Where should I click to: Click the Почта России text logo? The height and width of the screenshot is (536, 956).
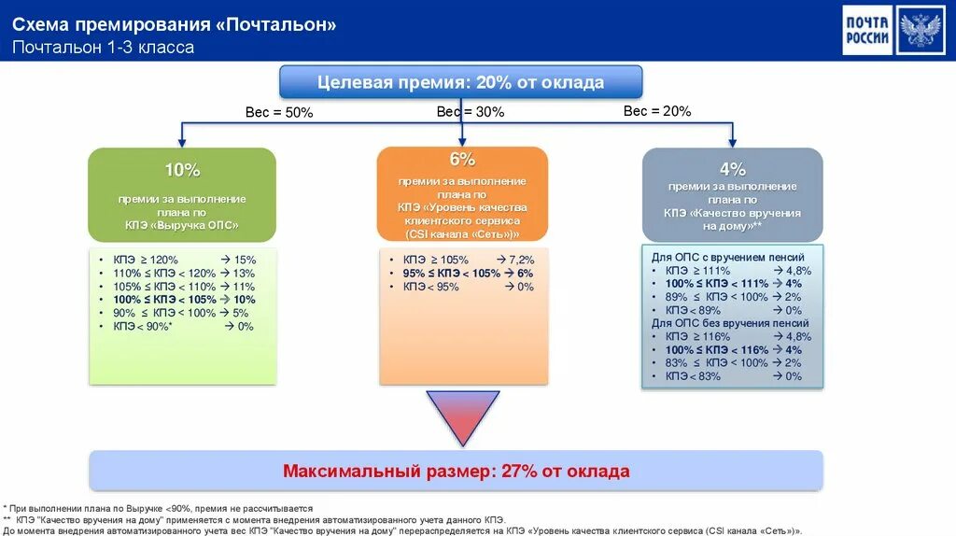coord(867,30)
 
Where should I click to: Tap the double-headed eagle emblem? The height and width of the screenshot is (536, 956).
coord(921,30)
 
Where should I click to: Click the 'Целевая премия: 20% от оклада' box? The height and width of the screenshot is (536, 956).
coord(461,82)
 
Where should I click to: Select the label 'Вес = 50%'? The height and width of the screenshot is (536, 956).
coord(279,112)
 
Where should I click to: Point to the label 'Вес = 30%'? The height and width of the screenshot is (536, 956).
coord(471,111)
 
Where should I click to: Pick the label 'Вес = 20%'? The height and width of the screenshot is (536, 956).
coord(657,111)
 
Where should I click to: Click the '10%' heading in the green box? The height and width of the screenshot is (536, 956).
coord(182,170)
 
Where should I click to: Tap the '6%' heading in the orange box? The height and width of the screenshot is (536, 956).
coord(462,160)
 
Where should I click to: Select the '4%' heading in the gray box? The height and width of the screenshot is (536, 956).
coord(733,169)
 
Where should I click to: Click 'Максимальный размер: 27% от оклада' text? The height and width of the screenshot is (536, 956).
coord(457,472)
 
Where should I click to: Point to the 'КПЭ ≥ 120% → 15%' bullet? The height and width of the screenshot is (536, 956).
coord(183,260)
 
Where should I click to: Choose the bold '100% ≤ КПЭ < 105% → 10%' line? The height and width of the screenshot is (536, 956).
coord(183,300)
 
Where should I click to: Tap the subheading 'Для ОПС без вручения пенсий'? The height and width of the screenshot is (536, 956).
coord(730,323)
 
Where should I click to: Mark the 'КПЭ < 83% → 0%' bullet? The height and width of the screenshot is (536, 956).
coord(732,376)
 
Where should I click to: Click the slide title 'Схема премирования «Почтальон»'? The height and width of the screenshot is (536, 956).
coord(175,25)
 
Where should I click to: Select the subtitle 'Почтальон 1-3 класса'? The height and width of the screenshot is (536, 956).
coord(104,47)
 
